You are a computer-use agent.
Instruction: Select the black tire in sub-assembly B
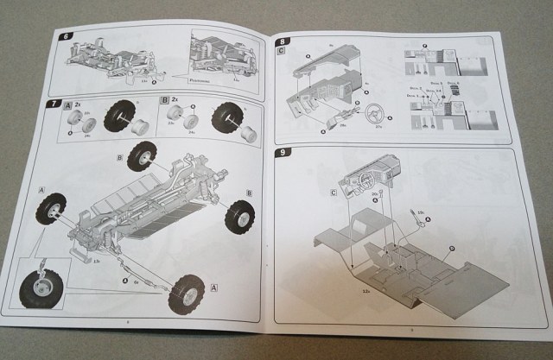point(227,117)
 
